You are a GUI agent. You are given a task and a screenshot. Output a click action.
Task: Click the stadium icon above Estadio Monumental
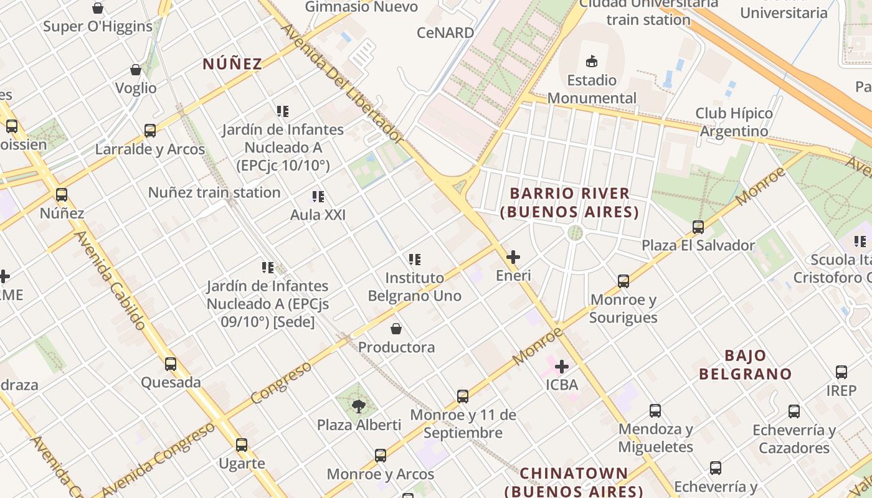[591, 61]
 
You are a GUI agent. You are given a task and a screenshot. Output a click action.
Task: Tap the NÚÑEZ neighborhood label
[232, 63]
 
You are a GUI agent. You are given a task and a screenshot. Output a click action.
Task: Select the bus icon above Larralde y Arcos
[150, 131]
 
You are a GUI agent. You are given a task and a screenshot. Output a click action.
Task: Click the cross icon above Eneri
[513, 257]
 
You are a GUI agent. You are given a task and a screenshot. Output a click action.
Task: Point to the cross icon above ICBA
[562, 367]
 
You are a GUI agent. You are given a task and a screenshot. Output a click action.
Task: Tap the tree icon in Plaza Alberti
[358, 406]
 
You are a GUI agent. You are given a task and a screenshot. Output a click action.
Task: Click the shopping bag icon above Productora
[396, 329]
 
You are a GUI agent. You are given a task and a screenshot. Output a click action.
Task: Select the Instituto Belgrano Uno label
[415, 286]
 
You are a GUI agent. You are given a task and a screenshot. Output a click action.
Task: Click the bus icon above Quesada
[171, 364]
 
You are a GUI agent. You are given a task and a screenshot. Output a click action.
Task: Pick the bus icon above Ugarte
[242, 445]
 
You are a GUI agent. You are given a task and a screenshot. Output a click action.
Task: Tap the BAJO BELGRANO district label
[745, 365]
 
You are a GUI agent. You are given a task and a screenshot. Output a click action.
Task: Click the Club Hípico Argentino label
[734, 122]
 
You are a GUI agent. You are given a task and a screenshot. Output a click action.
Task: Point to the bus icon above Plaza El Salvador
[698, 227]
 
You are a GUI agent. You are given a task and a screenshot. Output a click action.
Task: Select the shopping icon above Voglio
[136, 70]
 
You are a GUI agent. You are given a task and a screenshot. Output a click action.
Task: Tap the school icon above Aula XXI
[318, 197]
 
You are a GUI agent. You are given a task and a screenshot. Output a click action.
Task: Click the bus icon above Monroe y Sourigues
[623, 281]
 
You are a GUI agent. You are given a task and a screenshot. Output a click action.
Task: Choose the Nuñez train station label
[214, 192]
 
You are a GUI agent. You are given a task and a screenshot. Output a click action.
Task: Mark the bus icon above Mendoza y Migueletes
[655, 411]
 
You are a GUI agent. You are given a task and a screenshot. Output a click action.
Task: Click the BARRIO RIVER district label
[569, 203]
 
